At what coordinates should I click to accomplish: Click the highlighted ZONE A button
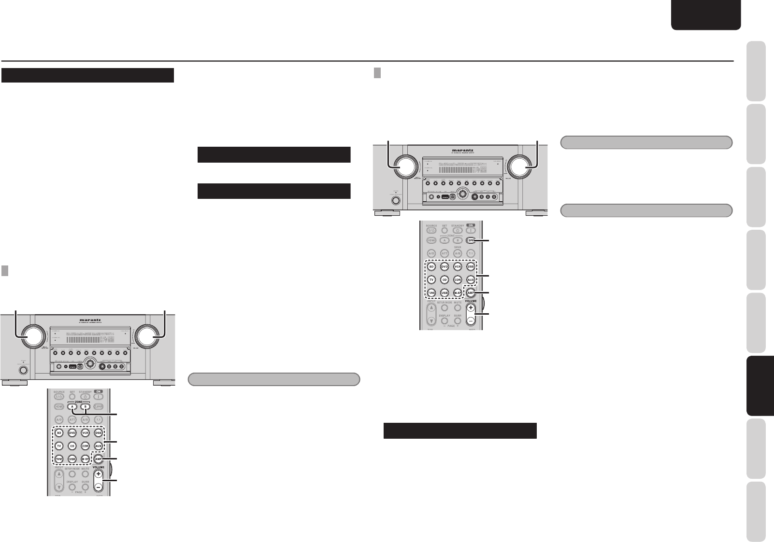(x=72, y=406)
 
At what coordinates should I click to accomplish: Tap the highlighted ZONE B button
(x=85, y=406)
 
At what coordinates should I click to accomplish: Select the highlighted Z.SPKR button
(x=471, y=240)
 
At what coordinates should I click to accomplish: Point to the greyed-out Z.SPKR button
(x=99, y=406)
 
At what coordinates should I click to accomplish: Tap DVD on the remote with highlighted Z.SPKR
(x=444, y=266)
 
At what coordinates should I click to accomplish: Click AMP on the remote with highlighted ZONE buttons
(x=99, y=459)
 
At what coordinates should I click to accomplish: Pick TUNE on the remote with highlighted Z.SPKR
(x=431, y=293)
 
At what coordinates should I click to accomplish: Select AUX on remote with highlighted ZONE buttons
(x=99, y=446)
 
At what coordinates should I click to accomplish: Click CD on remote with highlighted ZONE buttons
(x=72, y=446)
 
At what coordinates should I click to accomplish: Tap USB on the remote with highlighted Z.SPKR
(x=444, y=293)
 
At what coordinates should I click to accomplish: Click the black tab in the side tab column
(x=760, y=386)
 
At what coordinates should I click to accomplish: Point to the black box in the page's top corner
(x=705, y=14)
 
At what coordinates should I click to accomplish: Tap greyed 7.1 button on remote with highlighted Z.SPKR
(x=471, y=253)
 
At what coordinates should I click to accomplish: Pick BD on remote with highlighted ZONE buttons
(x=59, y=432)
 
